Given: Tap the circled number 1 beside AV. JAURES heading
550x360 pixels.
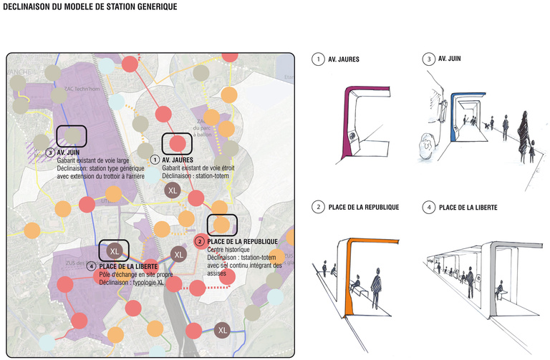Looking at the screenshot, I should [x=316, y=59].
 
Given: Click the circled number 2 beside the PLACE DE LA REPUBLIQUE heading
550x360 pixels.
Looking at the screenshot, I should [x=316, y=208].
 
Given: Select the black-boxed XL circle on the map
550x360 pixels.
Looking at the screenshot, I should [x=115, y=250].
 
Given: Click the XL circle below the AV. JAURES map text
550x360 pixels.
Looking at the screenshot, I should [x=172, y=190].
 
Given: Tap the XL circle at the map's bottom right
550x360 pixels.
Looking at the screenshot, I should [x=223, y=330].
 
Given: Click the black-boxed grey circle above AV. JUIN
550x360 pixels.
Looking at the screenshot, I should [x=72, y=135].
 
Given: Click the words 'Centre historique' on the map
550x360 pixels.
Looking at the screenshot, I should [x=228, y=249].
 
